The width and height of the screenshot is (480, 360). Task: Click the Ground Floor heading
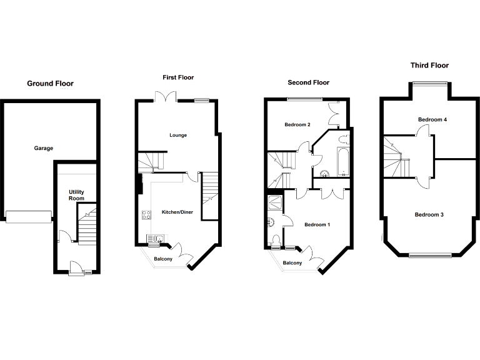[x=50, y=83]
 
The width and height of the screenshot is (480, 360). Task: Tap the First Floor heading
[x=178, y=77]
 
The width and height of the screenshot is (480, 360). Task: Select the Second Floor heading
[x=308, y=82]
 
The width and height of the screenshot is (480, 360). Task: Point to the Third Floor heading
[x=429, y=65]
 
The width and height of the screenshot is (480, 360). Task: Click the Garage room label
[x=44, y=148]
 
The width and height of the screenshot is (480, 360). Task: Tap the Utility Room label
[x=76, y=195]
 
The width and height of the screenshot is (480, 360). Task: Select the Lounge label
[x=178, y=135]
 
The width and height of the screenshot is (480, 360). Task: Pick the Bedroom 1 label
[x=317, y=224]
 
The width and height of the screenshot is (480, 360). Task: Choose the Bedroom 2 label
[x=297, y=124]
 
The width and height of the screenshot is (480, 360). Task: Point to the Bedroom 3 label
[x=429, y=214]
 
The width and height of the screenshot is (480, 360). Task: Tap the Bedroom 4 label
[x=432, y=119]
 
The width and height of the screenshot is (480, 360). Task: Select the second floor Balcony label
[x=292, y=263]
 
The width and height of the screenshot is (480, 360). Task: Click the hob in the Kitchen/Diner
[x=147, y=214]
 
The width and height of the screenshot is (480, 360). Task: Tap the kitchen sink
[x=155, y=237]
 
